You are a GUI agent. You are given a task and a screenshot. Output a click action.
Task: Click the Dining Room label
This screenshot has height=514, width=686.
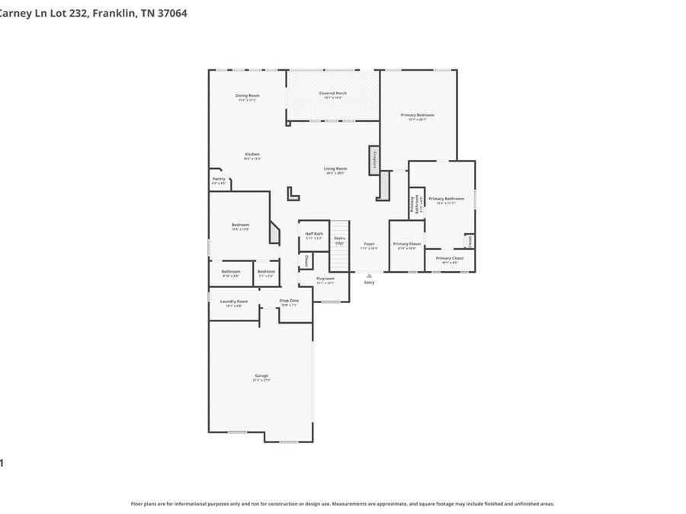247,95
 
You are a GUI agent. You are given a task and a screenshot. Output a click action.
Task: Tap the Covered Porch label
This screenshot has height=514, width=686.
332,93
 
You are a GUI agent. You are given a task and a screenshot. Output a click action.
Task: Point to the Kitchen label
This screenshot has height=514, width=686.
252,154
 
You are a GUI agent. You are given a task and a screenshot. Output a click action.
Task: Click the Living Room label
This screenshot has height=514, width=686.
335,168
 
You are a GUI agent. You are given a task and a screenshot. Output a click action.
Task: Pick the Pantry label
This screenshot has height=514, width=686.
219,179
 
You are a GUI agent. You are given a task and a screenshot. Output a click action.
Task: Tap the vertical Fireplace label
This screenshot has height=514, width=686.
375,161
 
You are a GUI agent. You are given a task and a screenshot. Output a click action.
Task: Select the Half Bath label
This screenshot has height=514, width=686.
314,234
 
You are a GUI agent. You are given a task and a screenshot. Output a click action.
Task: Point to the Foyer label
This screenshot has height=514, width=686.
369,244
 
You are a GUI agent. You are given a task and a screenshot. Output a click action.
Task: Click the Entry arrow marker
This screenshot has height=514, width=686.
369,275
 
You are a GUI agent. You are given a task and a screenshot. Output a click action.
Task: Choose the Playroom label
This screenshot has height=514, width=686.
325,279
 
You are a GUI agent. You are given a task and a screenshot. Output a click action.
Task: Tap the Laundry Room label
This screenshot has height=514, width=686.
234,301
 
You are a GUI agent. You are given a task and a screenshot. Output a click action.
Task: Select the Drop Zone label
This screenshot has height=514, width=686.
289,301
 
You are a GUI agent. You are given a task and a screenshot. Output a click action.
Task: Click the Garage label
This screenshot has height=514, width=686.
261,375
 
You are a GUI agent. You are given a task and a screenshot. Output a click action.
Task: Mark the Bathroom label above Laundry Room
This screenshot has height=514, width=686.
231,271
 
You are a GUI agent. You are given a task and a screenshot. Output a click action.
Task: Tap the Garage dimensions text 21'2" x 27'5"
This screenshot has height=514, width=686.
261,380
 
